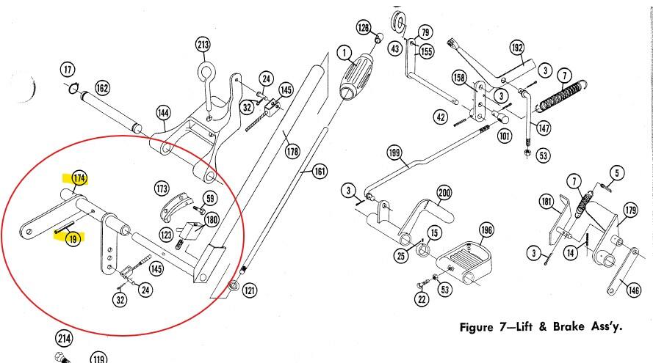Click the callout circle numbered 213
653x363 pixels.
pos(203,45)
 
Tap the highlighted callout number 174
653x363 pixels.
pos(79,178)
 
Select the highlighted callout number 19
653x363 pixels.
pos(73,238)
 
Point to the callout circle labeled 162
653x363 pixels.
pos(102,88)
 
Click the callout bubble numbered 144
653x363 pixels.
pos(164,113)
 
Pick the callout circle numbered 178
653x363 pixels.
pos(292,151)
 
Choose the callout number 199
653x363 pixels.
pos(394,153)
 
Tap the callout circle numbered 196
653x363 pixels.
pos(486,230)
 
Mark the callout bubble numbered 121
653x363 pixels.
pos(250,290)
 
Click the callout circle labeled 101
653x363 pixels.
pos(505,136)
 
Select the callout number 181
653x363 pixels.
pos(546,202)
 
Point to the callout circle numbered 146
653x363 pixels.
pos(633,290)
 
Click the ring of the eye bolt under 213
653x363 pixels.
pos(206,72)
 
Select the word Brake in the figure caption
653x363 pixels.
pos(569,326)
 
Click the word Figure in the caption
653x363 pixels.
pos(477,327)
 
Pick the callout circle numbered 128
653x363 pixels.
pos(364,28)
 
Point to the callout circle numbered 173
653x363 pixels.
pos(162,188)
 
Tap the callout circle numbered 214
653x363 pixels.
pos(64,339)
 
